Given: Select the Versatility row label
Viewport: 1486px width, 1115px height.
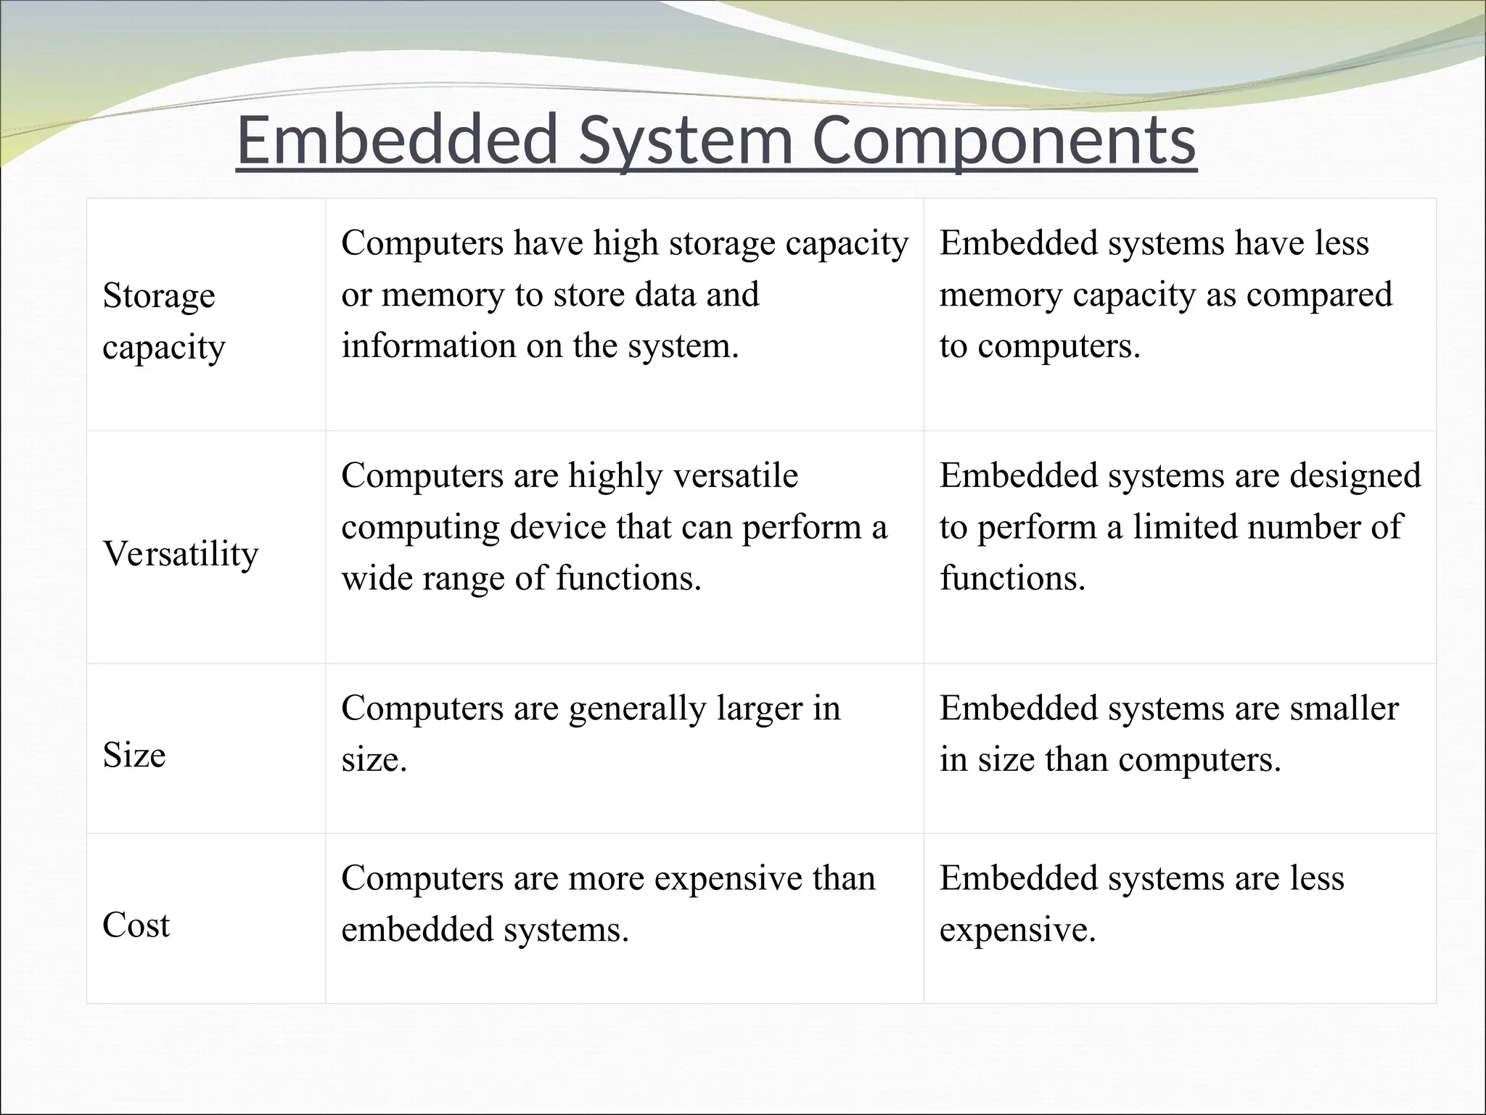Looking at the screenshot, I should (x=181, y=554).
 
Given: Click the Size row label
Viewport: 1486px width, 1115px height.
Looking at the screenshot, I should (x=134, y=755).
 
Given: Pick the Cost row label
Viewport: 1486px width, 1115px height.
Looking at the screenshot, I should (x=136, y=926).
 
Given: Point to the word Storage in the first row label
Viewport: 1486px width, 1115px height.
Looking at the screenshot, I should (x=159, y=295).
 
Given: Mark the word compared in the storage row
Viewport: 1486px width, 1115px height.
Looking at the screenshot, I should (x=1319, y=295).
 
